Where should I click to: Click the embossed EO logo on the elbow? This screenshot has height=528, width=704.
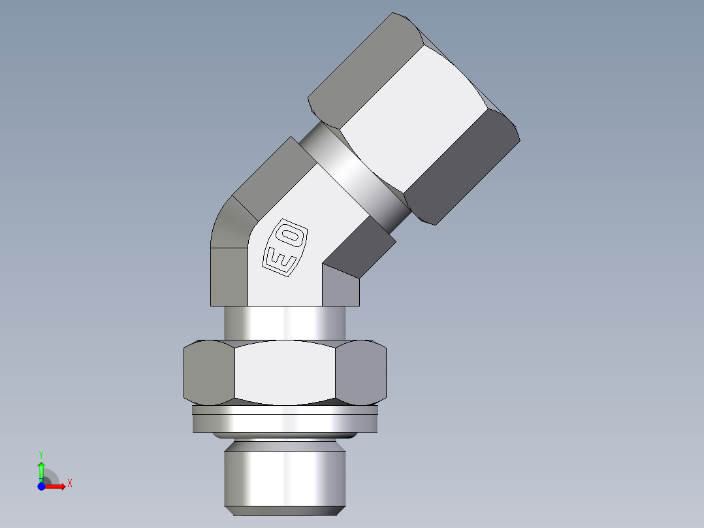click(284, 247)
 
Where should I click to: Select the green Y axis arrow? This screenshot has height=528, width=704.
click(41, 469)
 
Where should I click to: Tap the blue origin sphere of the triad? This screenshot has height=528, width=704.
click(41, 486)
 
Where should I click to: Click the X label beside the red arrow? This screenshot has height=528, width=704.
click(69, 484)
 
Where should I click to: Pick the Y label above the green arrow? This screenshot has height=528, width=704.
click(41, 454)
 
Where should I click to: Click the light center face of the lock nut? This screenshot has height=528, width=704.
click(285, 372)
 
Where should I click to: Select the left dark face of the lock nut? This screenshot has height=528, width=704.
click(208, 372)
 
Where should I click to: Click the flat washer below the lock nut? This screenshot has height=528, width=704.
click(285, 419)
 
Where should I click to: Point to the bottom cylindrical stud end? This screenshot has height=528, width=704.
click(285, 477)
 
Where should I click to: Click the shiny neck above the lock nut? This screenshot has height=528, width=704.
click(285, 322)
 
